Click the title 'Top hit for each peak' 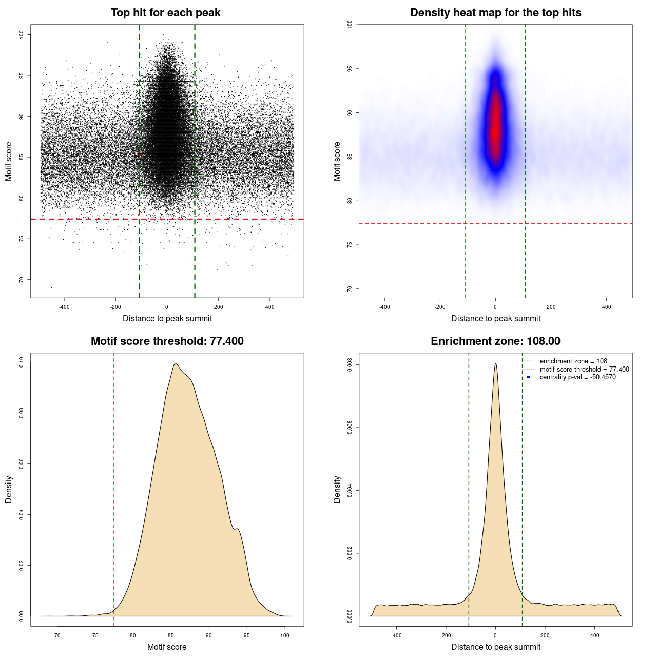pos(166,13)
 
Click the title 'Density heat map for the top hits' pos(495,13)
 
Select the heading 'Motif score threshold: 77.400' pos(167,341)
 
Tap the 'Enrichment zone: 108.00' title pos(495,341)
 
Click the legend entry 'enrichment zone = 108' pos(573,361)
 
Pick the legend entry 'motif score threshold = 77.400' pos(584,370)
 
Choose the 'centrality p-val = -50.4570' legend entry pos(577,377)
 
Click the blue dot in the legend pos(528,377)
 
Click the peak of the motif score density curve pos(176,363)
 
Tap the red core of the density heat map pos(495,128)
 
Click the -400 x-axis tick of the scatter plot pos(64,307)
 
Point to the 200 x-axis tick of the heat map pos(551,307)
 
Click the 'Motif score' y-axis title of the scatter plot pos(9,161)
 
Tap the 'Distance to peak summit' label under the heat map pos(495,319)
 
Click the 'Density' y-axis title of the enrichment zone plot pos(337,489)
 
